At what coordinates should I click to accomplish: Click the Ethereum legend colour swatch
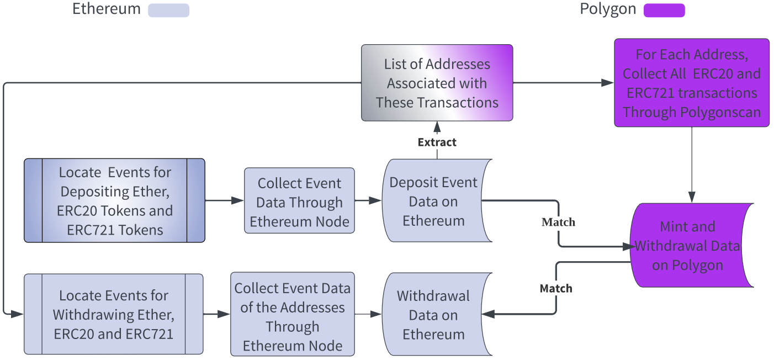point(168,10)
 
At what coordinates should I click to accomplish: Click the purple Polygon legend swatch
point(664,10)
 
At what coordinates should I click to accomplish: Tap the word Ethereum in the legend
point(107,9)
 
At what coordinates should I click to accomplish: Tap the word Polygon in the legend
point(608,9)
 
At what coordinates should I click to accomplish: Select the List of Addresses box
point(437,83)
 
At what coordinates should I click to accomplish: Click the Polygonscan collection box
point(691,83)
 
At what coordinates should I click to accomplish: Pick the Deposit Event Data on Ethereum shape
point(433,201)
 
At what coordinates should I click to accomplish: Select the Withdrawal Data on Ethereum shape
point(433,315)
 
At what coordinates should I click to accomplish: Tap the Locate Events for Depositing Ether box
point(114,201)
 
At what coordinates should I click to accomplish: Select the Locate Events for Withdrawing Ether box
point(113,314)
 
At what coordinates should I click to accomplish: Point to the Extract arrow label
point(437,142)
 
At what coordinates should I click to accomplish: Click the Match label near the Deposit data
point(558,223)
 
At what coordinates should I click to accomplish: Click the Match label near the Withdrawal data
point(556,289)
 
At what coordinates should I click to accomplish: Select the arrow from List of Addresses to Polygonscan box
point(563,83)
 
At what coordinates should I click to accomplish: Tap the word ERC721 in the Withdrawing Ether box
point(150,333)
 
